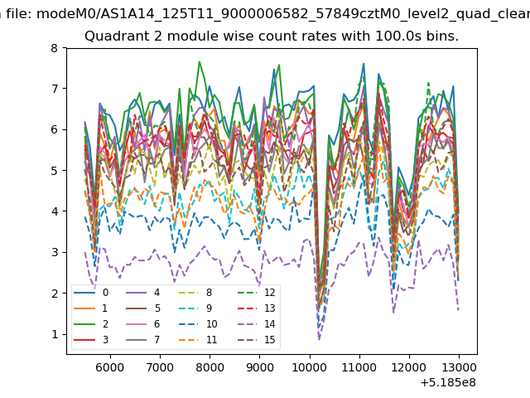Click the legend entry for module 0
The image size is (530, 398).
click(x=91, y=293)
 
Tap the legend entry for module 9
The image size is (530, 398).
click(x=195, y=308)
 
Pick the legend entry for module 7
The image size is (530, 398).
click(x=142, y=340)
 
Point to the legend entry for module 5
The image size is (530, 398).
click(x=142, y=308)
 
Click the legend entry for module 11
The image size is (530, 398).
click(x=197, y=340)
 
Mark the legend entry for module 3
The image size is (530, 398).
click(x=91, y=340)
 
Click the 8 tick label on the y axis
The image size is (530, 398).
click(x=55, y=48)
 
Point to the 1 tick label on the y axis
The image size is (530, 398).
click(x=55, y=334)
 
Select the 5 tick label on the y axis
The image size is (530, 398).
click(x=55, y=171)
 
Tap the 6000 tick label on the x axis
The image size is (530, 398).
click(x=110, y=367)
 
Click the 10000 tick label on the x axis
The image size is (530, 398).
click(x=309, y=367)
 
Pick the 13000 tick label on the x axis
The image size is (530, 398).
click(x=459, y=367)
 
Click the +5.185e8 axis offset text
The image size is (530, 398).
click(x=448, y=382)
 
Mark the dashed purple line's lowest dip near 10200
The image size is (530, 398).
click(x=319, y=339)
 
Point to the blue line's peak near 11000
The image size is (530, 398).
click(x=364, y=63)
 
